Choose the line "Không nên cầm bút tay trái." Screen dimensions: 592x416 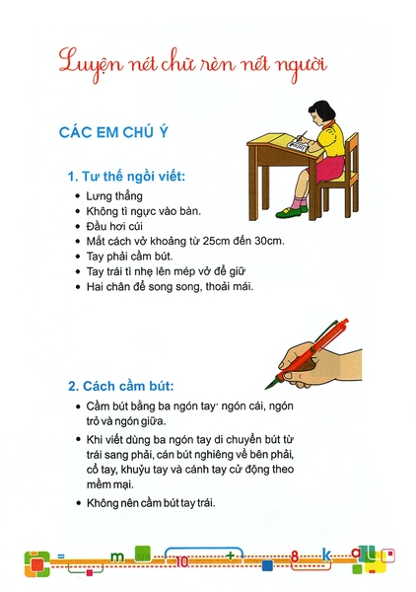click(151, 503)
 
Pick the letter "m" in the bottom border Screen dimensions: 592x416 click(117, 556)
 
